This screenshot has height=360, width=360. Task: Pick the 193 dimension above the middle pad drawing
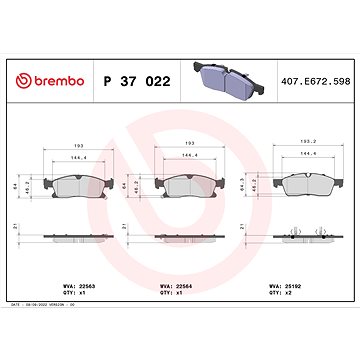tap(190, 144)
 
